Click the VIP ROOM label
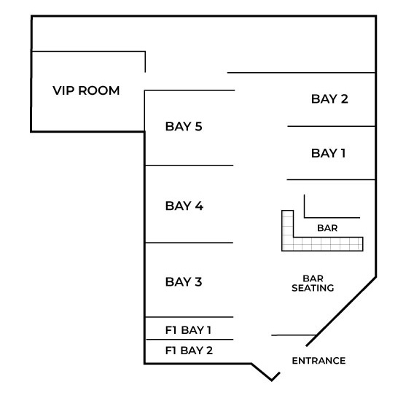[86, 90]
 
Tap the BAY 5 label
[184, 127]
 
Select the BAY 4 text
[184, 206]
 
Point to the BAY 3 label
[184, 282]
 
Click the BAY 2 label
[329, 99]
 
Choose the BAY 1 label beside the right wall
[329, 153]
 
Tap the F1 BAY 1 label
[188, 330]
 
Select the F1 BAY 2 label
[189, 351]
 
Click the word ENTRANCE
[319, 361]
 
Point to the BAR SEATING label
[313, 284]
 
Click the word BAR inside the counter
[327, 228]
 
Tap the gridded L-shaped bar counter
[327, 244]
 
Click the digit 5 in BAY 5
[198, 127]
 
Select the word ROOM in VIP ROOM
[99, 90]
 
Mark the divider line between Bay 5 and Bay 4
[189, 165]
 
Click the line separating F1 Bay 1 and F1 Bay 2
[190, 339]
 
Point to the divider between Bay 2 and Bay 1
[332, 126]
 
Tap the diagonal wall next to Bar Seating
[341, 311]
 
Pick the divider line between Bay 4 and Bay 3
[189, 243]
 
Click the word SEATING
[313, 288]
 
